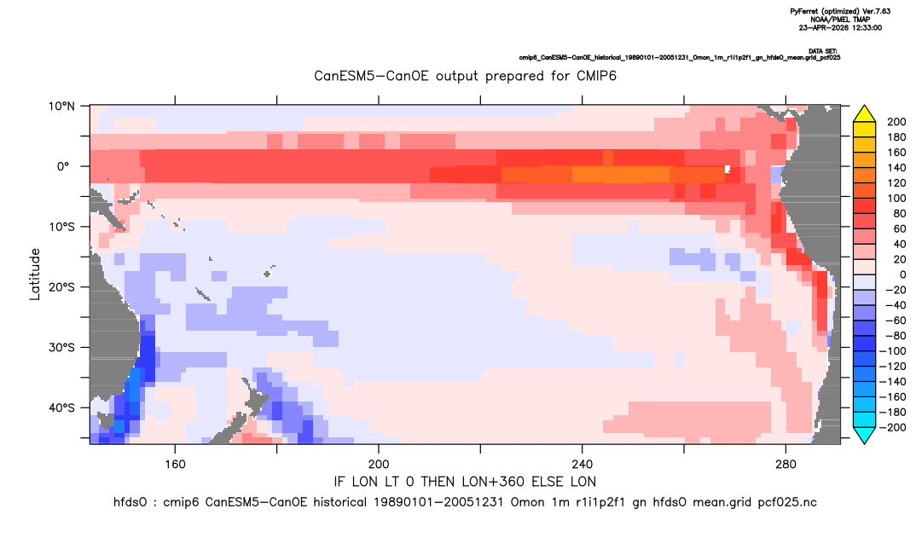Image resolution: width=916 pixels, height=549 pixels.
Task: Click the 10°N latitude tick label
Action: click(x=61, y=106)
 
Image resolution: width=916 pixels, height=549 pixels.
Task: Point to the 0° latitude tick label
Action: click(x=63, y=166)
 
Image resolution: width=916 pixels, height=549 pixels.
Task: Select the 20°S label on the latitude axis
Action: click(x=61, y=286)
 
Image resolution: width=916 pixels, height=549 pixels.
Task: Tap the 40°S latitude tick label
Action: click(x=61, y=407)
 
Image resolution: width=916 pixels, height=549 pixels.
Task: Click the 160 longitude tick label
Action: click(x=175, y=465)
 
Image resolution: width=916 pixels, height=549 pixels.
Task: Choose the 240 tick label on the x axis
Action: click(x=582, y=465)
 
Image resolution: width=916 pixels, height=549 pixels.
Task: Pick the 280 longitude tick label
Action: click(x=786, y=465)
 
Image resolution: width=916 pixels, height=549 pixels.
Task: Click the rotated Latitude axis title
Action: click(x=35, y=274)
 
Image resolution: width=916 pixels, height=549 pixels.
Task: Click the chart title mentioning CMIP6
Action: click(x=465, y=76)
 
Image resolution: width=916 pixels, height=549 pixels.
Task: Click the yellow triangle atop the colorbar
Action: click(x=864, y=114)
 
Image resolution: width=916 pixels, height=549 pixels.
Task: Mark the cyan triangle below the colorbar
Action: click(x=864, y=435)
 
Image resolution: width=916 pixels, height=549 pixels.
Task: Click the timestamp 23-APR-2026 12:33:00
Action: click(x=840, y=27)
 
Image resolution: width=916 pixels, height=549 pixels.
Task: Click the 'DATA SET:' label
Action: click(x=823, y=51)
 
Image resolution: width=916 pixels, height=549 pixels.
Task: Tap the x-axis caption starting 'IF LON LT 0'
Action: click(x=465, y=482)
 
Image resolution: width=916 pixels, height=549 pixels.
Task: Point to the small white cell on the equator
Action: click(x=728, y=170)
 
